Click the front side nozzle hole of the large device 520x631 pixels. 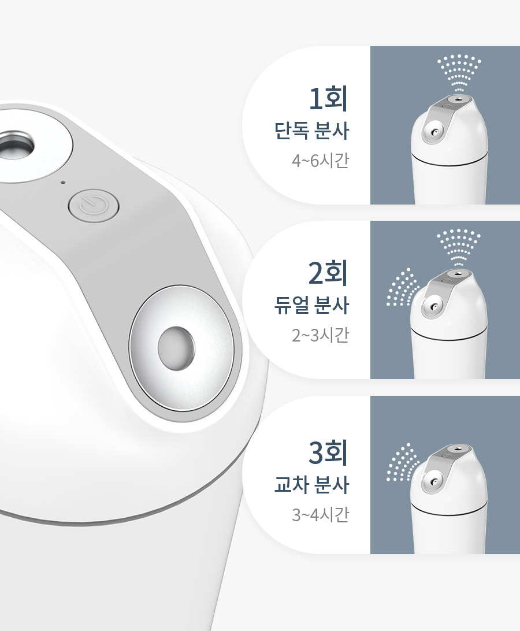(x=176, y=348)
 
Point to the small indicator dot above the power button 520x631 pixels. (x=62, y=182)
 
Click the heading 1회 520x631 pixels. (x=328, y=98)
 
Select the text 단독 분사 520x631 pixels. (x=311, y=131)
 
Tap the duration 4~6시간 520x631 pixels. (x=320, y=161)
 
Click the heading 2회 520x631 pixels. (x=328, y=273)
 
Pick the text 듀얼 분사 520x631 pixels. (x=311, y=306)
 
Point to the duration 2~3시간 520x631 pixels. (x=320, y=335)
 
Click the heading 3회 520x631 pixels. (x=328, y=452)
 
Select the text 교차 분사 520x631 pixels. (x=311, y=484)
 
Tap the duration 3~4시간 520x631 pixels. (x=320, y=514)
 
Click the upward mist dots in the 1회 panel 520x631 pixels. (x=459, y=72)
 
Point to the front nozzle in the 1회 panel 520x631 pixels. (x=433, y=132)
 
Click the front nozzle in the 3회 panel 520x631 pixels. (x=433, y=482)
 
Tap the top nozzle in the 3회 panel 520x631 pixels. (x=457, y=448)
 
